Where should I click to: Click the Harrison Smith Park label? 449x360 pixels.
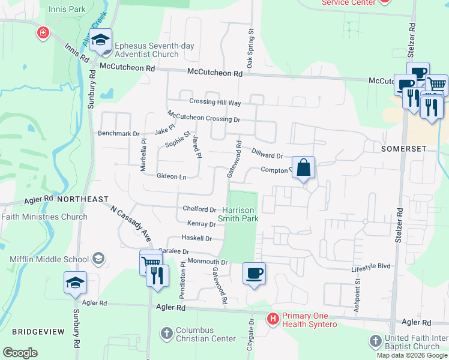[x=240, y=214]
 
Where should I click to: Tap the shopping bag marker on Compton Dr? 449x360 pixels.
[x=304, y=167]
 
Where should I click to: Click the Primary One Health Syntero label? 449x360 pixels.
[x=302, y=320]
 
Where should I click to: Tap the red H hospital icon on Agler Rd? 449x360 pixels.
[x=273, y=317]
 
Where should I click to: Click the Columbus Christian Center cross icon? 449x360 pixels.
[x=167, y=331]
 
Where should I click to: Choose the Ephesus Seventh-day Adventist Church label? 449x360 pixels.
[x=146, y=50]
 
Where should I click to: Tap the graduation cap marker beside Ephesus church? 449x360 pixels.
[x=101, y=40]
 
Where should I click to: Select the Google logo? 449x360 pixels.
[x=20, y=353]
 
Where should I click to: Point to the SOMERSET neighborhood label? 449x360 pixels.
[x=403, y=148]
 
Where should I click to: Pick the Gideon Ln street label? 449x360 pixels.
[x=171, y=176]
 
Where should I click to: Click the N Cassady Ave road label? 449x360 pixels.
[x=130, y=223]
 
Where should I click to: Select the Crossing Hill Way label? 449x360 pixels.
[x=214, y=103]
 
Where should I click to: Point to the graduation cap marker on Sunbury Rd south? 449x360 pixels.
[x=76, y=283]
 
